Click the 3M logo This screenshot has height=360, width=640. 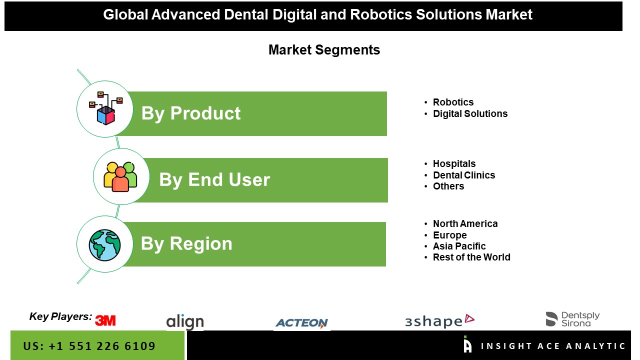(x=105, y=320)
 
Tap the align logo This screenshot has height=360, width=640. (x=185, y=322)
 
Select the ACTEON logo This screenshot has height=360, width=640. (x=301, y=323)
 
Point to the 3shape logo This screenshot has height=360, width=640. (x=439, y=321)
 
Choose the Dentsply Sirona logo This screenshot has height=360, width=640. (x=572, y=319)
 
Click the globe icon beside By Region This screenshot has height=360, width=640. (x=104, y=245)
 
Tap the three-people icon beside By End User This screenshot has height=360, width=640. (x=120, y=176)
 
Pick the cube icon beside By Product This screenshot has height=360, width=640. (x=105, y=108)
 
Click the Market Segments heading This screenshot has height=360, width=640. (x=324, y=50)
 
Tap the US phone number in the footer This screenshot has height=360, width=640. (x=89, y=346)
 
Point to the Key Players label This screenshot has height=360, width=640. (x=60, y=316)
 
